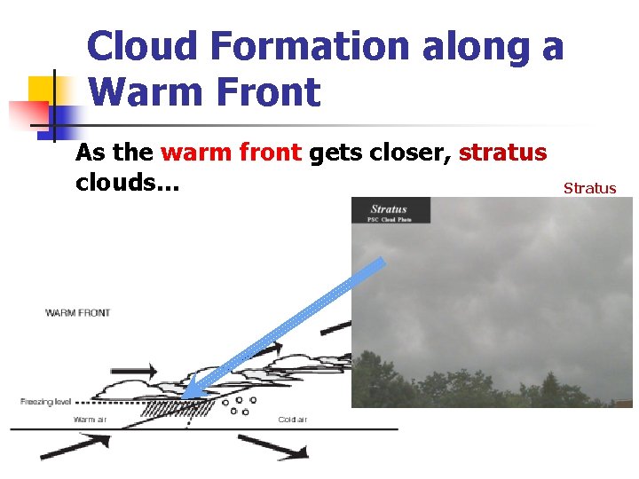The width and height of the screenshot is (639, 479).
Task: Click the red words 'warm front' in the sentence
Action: point(231,153)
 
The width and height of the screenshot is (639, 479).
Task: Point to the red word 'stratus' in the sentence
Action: point(502,153)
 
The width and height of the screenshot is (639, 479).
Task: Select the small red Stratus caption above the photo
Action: point(589,187)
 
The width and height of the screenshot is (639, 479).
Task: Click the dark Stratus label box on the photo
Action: point(390,210)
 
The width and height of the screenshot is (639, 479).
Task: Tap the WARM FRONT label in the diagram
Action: point(78,312)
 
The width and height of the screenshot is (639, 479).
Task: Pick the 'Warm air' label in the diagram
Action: point(90,419)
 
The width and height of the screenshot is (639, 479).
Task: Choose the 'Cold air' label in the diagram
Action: point(293,419)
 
